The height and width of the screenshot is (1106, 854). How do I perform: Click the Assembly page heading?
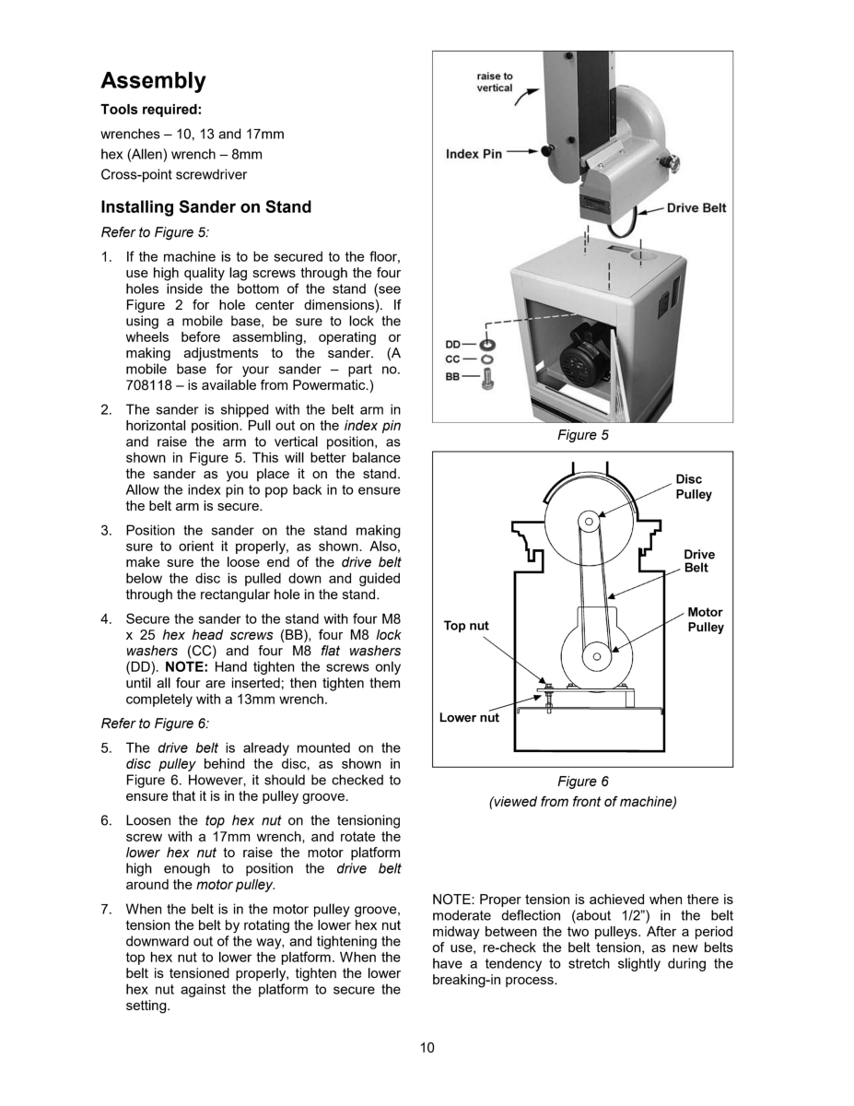point(153,81)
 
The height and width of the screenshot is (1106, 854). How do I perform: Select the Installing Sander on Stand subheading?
point(205,207)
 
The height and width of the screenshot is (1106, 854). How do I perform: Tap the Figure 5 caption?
point(582,435)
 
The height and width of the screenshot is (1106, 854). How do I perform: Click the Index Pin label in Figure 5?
point(474,154)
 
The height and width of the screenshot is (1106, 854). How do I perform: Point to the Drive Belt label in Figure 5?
point(696,208)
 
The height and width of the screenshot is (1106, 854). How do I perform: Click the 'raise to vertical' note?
point(495,82)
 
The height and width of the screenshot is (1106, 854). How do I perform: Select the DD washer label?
point(453,345)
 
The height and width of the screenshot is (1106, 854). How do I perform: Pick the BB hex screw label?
point(453,376)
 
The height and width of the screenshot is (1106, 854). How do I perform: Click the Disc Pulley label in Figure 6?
point(693,487)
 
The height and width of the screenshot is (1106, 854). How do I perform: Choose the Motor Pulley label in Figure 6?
point(705,619)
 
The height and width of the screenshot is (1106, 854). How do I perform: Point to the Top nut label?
point(466,626)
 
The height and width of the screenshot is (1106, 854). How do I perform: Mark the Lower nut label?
point(469,718)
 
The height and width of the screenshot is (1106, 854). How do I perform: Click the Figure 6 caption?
point(582,782)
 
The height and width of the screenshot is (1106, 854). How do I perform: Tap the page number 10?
point(427,1047)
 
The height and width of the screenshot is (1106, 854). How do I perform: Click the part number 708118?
point(148,384)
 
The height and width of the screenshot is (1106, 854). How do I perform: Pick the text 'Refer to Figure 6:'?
point(155,724)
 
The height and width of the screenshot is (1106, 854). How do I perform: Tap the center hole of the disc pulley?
point(588,523)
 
